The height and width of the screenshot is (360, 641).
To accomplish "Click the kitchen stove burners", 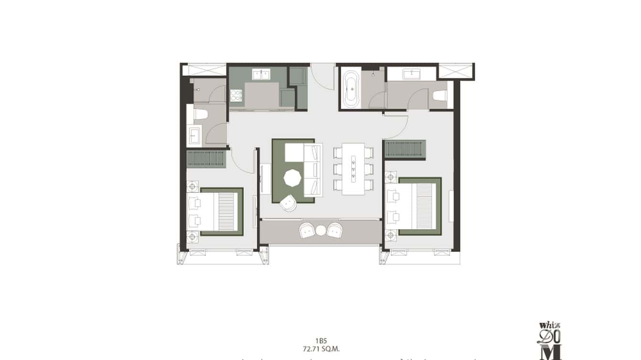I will coord(236,96).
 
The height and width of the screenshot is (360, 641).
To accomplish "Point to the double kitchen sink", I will coord(261,74).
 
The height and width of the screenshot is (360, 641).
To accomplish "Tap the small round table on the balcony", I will coord(320,231).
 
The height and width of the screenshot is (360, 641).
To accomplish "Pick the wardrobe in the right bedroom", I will coord(405,149).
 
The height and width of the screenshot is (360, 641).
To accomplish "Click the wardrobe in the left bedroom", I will coord(206,159).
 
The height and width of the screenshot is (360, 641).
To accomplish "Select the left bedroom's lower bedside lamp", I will coord(193,236).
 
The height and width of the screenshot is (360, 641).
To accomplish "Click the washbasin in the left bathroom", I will coord(194,135).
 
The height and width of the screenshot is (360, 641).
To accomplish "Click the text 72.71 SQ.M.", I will coord(320,349).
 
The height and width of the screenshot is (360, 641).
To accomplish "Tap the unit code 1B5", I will coord(320,341).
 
